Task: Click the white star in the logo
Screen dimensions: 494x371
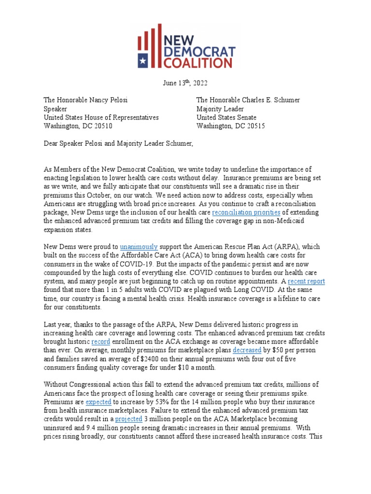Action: (143, 61)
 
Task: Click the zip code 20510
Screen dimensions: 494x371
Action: (102, 126)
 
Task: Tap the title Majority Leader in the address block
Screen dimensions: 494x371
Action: (221, 109)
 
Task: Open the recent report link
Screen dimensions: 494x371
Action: (306, 281)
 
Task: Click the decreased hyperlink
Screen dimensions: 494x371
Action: (247, 351)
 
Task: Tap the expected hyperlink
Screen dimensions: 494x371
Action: (99, 402)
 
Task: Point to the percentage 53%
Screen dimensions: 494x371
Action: (157, 402)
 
